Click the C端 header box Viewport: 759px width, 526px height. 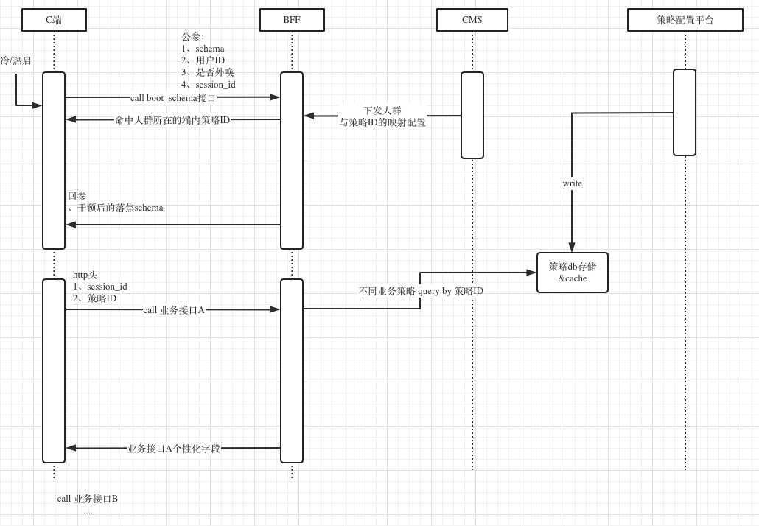pyautogui.click(x=54, y=20)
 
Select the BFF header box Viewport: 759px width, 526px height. pyautogui.click(x=292, y=20)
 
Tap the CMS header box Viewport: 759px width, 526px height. pyautogui.click(x=472, y=20)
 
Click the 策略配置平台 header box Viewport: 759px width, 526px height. pyautogui.click(x=685, y=20)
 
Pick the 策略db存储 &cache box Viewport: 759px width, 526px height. pyautogui.click(x=573, y=273)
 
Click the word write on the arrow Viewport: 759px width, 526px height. pyautogui.click(x=572, y=183)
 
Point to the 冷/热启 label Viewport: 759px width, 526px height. pyautogui.click(x=15, y=60)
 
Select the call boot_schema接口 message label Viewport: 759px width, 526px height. pyautogui.click(x=173, y=97)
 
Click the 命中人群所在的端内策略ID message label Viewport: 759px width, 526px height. pyautogui.click(x=172, y=119)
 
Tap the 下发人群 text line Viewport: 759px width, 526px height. pyautogui.click(x=382, y=111)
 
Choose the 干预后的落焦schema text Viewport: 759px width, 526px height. pyautogui.click(x=120, y=208)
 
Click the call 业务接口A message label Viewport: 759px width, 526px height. pyautogui.click(x=174, y=310)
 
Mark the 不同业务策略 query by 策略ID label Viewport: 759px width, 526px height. pyautogui.click(x=421, y=291)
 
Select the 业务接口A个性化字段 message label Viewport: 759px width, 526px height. pyautogui.click(x=174, y=448)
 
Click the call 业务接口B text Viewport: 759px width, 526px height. pyautogui.click(x=88, y=499)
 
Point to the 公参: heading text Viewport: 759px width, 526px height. pyautogui.click(x=193, y=37)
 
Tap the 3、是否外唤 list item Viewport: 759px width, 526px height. pyautogui.click(x=208, y=72)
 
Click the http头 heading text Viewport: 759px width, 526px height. pyautogui.click(x=85, y=275)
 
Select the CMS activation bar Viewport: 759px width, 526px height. pyautogui.click(x=472, y=115)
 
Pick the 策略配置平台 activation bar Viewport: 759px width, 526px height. pyautogui.click(x=685, y=112)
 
